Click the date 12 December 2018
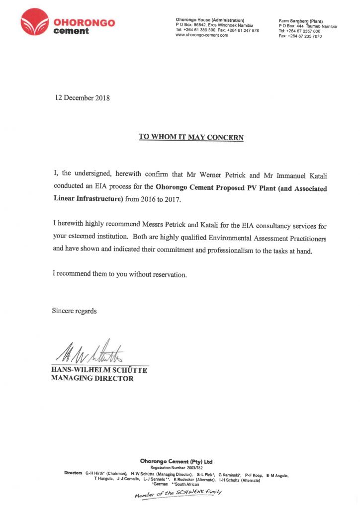pyautogui.click(x=82, y=98)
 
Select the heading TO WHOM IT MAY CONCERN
pyautogui.click(x=191, y=137)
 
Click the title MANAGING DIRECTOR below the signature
pyautogui.click(x=92, y=379)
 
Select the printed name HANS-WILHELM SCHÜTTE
pyautogui.click(x=99, y=370)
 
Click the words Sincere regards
pyautogui.click(x=75, y=311)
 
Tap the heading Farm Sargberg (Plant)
pyautogui.click(x=301, y=21)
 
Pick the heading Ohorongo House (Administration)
pyautogui.click(x=210, y=20)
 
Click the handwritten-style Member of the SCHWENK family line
pyautogui.click(x=178, y=493)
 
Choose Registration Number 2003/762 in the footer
pyautogui.click(x=177, y=468)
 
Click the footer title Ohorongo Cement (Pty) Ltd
pyautogui.click(x=177, y=461)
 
